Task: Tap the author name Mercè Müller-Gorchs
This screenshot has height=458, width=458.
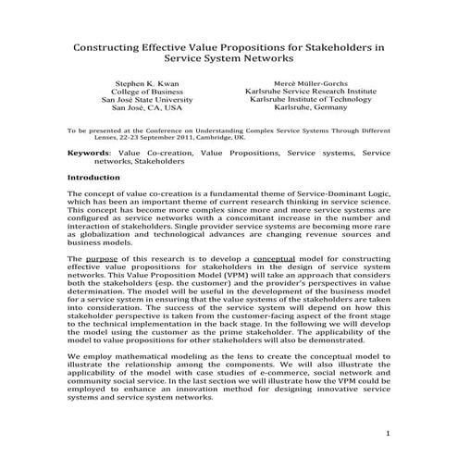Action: [310, 83]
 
